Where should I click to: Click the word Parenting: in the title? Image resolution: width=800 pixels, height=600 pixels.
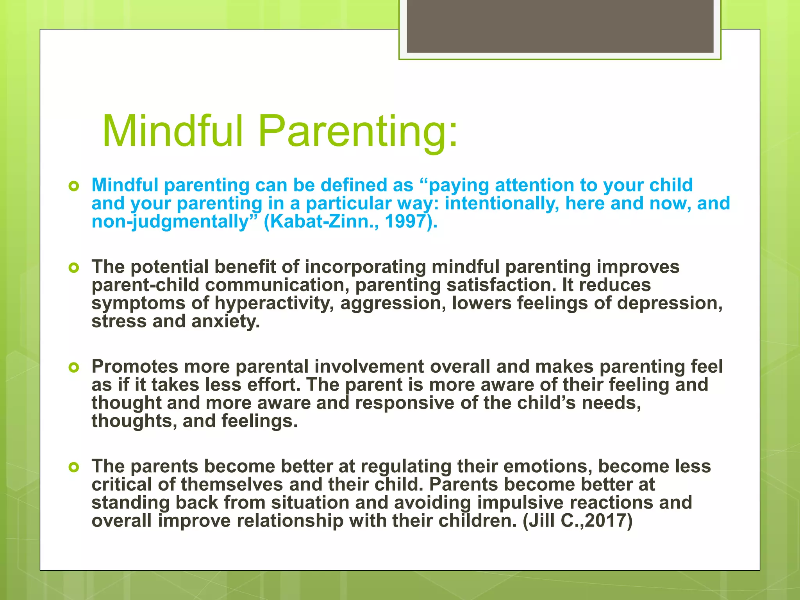tap(358, 132)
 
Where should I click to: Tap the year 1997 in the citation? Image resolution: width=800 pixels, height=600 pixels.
tap(405, 221)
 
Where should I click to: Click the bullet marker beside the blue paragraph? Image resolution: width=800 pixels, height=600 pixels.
tap(73, 186)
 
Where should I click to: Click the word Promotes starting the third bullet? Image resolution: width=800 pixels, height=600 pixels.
tap(135, 367)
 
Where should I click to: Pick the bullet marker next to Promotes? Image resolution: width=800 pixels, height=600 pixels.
tap(73, 367)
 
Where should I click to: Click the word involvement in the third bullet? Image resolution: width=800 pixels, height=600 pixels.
tap(369, 367)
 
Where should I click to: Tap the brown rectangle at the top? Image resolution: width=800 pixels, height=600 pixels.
tap(560, 26)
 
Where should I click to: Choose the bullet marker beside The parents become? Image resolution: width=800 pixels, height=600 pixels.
tap(73, 467)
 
